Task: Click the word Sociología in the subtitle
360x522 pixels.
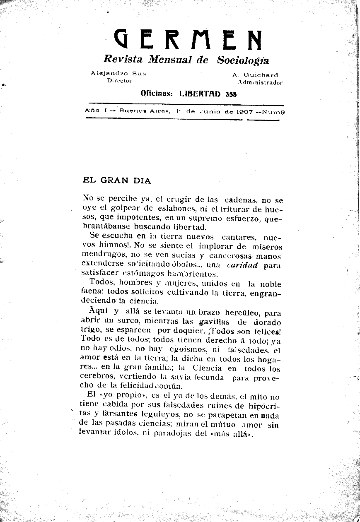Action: (243, 60)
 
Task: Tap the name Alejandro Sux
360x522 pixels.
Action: (118, 73)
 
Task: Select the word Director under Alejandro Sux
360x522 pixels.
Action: (119, 81)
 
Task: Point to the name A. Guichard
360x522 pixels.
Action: (255, 75)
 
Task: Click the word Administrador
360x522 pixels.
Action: (257, 82)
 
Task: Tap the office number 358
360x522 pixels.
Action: (231, 94)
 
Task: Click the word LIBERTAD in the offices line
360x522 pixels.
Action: (200, 94)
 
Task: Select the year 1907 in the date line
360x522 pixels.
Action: (246, 111)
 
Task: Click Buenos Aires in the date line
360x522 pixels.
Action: (145, 111)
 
